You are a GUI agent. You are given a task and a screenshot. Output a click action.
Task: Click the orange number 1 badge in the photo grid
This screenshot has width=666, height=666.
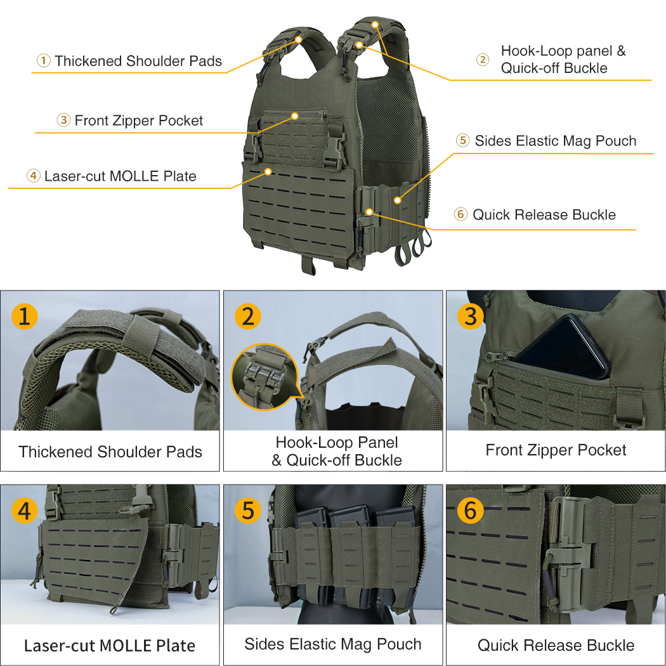pos(24,316)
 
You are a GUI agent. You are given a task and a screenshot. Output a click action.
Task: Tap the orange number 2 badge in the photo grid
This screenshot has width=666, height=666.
pos(247,316)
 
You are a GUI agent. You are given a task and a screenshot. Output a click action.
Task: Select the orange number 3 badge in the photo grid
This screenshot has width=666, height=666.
pos(470,316)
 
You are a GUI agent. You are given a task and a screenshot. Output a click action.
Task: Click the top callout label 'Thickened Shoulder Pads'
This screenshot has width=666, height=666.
pos(138,61)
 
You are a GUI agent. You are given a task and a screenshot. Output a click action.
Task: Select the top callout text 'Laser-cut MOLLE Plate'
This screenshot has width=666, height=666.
pos(120,176)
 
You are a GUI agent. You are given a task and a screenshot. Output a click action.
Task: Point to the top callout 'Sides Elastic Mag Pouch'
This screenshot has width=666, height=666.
pos(556,141)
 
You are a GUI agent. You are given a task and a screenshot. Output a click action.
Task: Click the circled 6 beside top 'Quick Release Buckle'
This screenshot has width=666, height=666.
pos(461,214)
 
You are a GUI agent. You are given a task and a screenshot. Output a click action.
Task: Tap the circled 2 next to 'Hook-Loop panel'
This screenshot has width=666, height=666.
pos(483,60)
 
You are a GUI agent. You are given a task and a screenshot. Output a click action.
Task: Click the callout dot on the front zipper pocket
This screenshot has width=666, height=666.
pos(295,116)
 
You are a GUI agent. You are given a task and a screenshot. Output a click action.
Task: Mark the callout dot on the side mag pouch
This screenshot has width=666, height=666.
pos(398,200)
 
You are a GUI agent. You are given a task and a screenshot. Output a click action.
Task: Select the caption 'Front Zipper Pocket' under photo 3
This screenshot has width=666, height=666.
pos(556,450)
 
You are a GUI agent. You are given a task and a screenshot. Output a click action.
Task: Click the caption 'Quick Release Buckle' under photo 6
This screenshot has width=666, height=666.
pos(556,645)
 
